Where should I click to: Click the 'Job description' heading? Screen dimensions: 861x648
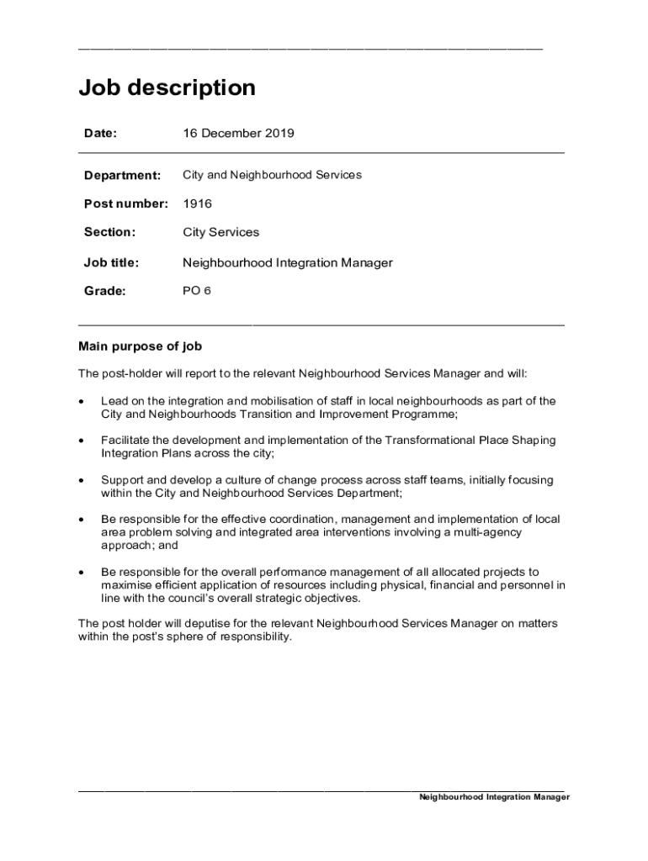pos(167,87)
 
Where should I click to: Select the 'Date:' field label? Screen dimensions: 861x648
pos(100,133)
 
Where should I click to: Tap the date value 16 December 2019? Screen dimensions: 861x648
pos(238,133)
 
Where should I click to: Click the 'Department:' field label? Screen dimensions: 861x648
pos(122,175)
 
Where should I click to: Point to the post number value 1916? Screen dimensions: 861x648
pos(197,203)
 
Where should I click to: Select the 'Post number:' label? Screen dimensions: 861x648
pos(125,203)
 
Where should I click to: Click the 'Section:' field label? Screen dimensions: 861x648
pos(109,231)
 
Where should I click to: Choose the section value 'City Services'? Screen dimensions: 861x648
pos(220,231)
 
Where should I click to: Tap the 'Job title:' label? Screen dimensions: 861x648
pos(111,262)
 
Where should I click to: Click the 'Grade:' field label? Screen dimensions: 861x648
pos(104,291)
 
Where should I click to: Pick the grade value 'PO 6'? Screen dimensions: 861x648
pos(197,291)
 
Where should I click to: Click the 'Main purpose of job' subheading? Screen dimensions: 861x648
pos(140,346)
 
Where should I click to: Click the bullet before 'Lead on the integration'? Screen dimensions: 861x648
pos(81,402)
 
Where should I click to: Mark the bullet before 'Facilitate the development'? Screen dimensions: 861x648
pos(81,441)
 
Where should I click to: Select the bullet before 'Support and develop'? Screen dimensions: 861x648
pos(81,480)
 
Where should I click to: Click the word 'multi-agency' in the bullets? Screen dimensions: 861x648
pos(488,532)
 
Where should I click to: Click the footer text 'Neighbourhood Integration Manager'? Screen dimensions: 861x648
pos(494,797)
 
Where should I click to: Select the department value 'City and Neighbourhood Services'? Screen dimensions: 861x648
pos(272,175)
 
